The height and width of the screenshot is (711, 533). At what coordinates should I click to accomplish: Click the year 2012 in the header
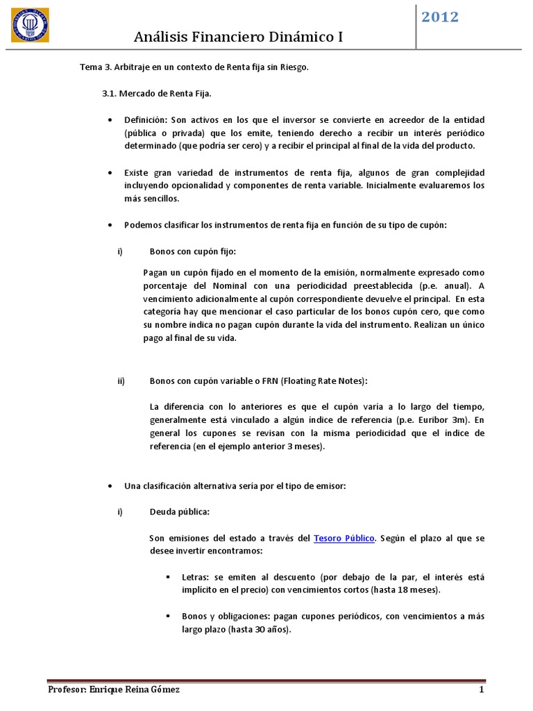coord(440,17)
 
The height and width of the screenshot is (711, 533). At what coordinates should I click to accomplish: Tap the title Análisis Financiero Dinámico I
coord(239,36)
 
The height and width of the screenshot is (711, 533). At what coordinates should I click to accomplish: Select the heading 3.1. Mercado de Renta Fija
coord(152,92)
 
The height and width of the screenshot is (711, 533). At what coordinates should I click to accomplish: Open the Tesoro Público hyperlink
coord(344,538)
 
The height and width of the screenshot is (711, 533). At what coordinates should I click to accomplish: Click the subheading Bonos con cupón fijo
coord(197,251)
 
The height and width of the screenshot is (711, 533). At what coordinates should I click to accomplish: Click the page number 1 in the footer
coord(480,689)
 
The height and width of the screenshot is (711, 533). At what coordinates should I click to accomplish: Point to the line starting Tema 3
coord(194,67)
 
